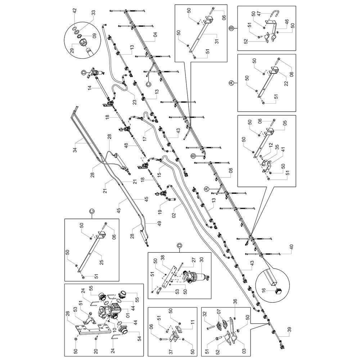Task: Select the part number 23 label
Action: coord(134,102)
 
